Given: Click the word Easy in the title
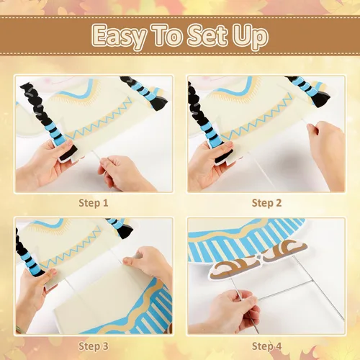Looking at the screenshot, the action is [120, 36].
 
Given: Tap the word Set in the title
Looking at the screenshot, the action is [207, 35].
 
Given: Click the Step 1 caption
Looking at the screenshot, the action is [94, 203].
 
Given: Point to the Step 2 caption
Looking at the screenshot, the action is [266, 203].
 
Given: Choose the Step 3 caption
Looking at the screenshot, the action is [94, 346].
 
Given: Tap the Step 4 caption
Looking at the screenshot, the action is [266, 346].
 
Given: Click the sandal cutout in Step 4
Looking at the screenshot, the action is [258, 261].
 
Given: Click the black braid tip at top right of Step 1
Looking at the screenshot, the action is [159, 103].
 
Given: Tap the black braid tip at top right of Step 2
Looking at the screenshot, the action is [322, 100].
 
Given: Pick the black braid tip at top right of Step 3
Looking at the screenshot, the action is [125, 232].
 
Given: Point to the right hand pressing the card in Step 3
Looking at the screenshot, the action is [150, 264].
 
